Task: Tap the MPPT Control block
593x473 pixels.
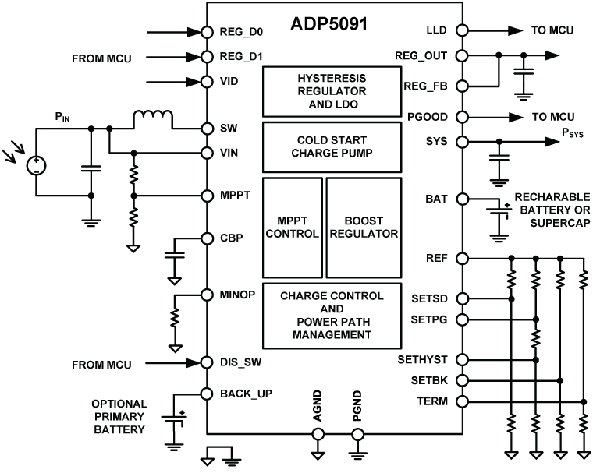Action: click(x=292, y=228)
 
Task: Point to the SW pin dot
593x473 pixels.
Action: click(x=207, y=129)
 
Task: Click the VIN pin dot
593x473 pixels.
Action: click(x=207, y=153)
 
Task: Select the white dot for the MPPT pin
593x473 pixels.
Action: click(x=207, y=196)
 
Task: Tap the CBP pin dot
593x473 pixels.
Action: click(x=207, y=238)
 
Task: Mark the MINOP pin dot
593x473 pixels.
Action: click(x=207, y=295)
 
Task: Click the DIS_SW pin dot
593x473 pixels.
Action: click(x=207, y=362)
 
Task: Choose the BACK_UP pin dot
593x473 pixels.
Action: click(x=207, y=394)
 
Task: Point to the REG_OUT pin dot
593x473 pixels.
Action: click(x=462, y=56)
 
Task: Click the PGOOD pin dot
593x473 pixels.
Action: click(x=462, y=118)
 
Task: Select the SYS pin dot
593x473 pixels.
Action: click(x=462, y=142)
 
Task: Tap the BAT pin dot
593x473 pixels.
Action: click(x=462, y=199)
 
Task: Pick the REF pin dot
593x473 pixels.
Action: click(x=462, y=258)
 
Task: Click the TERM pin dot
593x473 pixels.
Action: click(x=462, y=402)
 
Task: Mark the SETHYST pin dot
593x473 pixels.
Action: click(x=462, y=360)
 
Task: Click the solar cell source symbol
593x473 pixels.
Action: click(x=37, y=165)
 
